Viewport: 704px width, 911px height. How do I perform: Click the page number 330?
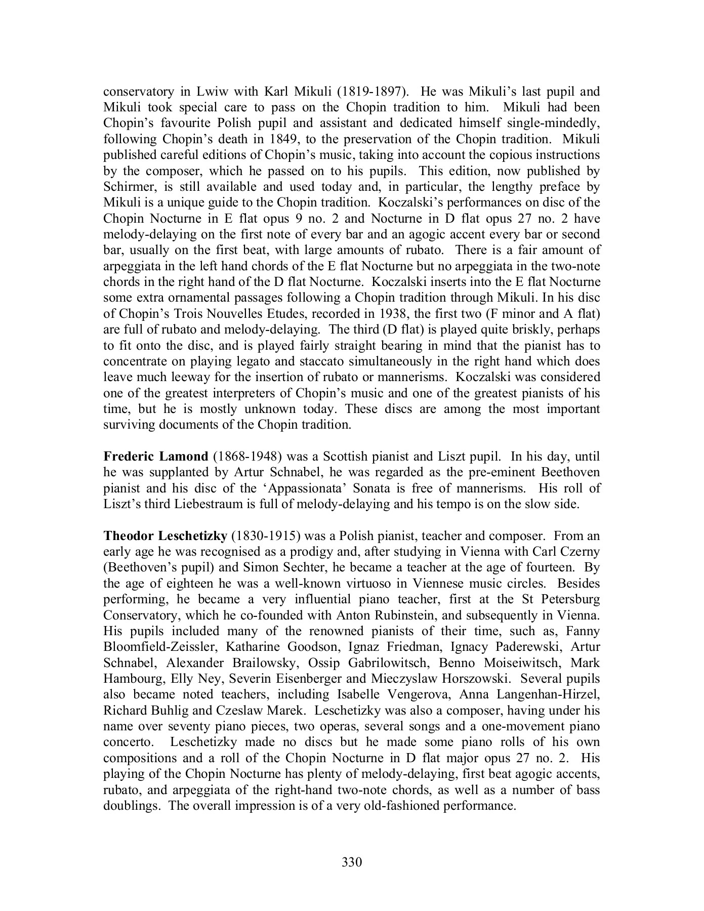(352, 861)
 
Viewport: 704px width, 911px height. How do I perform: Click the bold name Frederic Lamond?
(155, 457)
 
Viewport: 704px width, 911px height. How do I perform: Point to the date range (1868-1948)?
(244, 457)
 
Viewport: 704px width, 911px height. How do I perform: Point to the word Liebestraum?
(204, 504)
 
